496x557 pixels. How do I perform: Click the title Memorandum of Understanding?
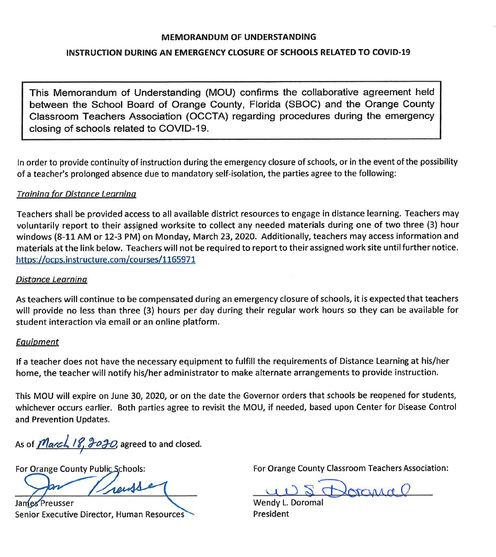pyautogui.click(x=238, y=37)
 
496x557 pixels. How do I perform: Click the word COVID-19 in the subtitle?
pyautogui.click(x=391, y=52)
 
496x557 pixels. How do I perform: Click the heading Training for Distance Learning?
pyautogui.click(x=76, y=194)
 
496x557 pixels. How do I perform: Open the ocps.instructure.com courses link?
pyautogui.click(x=106, y=260)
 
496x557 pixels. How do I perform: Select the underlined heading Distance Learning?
pyautogui.click(x=51, y=280)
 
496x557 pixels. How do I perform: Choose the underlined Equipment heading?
pyautogui.click(x=37, y=342)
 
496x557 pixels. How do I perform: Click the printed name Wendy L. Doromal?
pyautogui.click(x=288, y=503)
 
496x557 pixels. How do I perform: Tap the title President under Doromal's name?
pyautogui.click(x=271, y=514)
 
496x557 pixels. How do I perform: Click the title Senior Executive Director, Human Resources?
pyautogui.click(x=99, y=515)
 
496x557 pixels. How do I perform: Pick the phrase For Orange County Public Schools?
pyautogui.click(x=80, y=469)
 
